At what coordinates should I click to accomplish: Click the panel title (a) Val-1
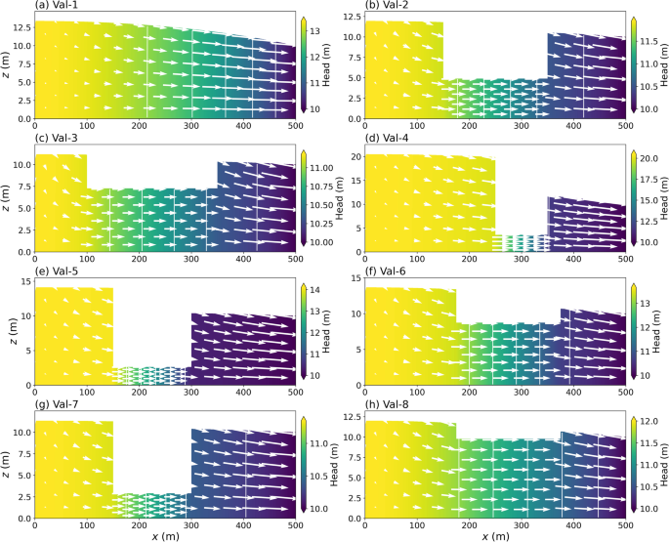pos(57,6)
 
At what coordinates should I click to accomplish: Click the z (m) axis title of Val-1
pos(7,64)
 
